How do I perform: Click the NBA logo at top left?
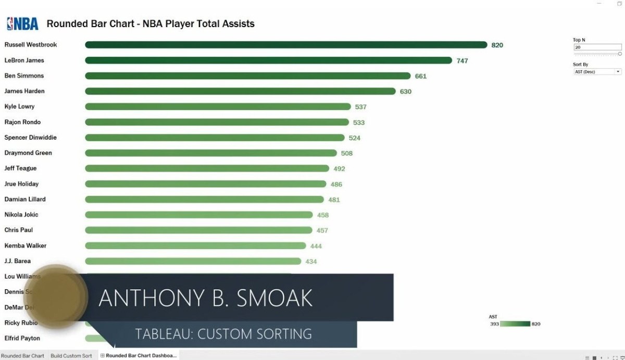tap(22, 23)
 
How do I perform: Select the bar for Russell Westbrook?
tap(285, 45)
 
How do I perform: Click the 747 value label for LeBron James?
tap(462, 61)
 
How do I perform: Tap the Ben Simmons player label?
tap(24, 76)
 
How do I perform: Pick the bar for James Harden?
tap(240, 91)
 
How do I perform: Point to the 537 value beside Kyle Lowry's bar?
tap(360, 107)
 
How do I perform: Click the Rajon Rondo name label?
tap(22, 122)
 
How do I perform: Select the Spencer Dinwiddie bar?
tap(215, 138)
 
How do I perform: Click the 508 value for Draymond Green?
tap(346, 154)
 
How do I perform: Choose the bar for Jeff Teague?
tap(207, 169)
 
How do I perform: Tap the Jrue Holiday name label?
tap(21, 184)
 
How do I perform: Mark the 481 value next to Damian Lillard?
tap(334, 200)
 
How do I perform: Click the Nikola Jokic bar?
tap(199, 215)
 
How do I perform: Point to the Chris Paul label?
tap(19, 230)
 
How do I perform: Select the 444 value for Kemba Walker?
tap(316, 246)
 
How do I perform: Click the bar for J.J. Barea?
tap(193, 261)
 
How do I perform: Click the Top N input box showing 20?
tap(597, 47)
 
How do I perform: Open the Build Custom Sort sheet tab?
tap(71, 356)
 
